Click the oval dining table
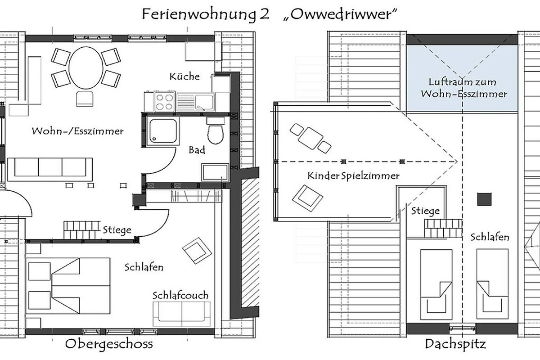86,68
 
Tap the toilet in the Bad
215,131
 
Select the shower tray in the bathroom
163,131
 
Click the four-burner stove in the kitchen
165,102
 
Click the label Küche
184,76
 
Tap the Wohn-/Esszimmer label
77,131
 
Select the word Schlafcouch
180,295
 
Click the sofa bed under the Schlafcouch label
182,314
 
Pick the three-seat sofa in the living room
50,170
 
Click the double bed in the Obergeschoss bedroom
68,286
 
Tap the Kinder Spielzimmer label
353,175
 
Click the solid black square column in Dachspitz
484,199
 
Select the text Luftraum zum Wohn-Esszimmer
464,88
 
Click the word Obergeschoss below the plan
109,344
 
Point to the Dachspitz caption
455,344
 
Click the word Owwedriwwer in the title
340,14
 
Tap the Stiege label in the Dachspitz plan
426,211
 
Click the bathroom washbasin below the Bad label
215,172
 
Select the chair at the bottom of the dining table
85,99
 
